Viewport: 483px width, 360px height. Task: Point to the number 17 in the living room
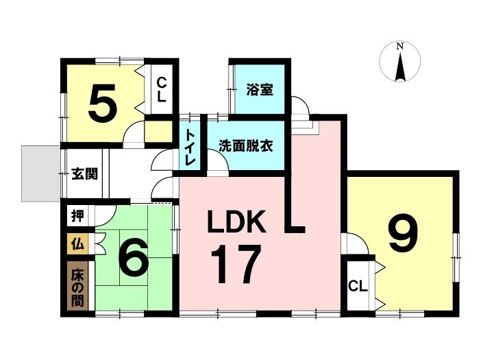click(236, 264)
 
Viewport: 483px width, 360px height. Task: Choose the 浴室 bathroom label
click(260, 89)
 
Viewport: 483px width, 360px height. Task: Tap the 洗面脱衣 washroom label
click(245, 145)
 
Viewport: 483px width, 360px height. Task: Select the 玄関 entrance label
click(84, 173)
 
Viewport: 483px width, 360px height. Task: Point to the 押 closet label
click(78, 217)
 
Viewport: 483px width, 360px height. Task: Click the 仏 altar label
click(77, 243)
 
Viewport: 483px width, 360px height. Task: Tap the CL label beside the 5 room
click(162, 90)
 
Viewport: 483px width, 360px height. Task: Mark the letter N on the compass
click(401, 46)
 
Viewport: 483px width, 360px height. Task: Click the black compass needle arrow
click(401, 67)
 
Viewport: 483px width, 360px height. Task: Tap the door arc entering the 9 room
click(354, 243)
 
